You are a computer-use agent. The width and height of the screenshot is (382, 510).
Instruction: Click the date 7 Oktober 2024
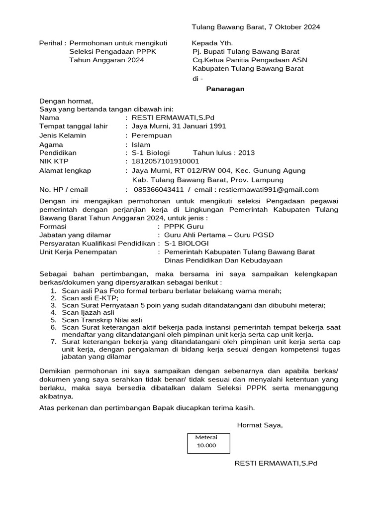pyautogui.click(x=290, y=27)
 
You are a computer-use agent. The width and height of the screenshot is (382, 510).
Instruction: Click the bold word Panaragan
pyautogui.click(x=225, y=89)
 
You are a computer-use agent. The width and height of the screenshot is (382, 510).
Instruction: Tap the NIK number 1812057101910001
pyautogui.click(x=165, y=161)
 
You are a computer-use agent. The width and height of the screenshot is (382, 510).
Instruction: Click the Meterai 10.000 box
pyautogui.click(x=209, y=441)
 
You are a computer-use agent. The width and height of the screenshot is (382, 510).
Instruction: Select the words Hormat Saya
pyautogui.click(x=260, y=425)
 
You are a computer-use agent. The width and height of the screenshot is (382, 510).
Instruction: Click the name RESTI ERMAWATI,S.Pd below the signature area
pyautogui.click(x=276, y=463)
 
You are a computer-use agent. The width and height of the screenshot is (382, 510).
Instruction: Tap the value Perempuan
pyautogui.click(x=151, y=135)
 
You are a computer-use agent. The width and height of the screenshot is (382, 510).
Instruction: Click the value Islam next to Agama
pyautogui.click(x=141, y=144)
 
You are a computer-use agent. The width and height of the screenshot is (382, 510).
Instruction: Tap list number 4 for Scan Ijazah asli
pyautogui.click(x=53, y=312)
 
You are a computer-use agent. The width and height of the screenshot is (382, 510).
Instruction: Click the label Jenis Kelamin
pyautogui.click(x=63, y=135)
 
